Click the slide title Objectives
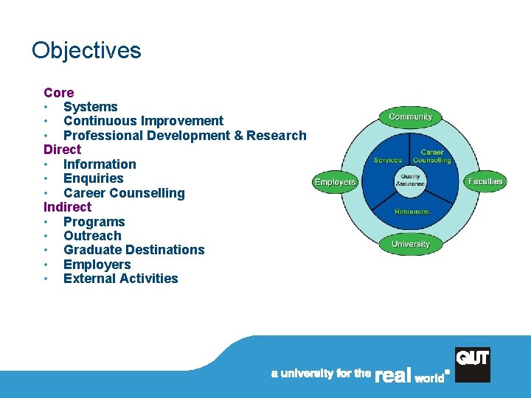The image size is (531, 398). click(x=86, y=51)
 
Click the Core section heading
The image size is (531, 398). click(x=59, y=93)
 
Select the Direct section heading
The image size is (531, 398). click(x=63, y=150)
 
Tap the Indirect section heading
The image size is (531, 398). click(x=68, y=207)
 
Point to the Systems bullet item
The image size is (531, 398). click(x=90, y=107)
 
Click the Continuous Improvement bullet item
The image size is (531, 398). click(x=143, y=121)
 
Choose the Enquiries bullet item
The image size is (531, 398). click(x=94, y=178)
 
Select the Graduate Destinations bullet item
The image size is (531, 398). click(x=133, y=250)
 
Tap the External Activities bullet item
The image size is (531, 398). click(x=121, y=279)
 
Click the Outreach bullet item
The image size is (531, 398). click(x=92, y=236)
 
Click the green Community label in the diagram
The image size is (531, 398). click(x=411, y=116)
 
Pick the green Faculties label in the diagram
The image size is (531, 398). click(x=485, y=181)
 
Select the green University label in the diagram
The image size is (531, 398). click(x=411, y=244)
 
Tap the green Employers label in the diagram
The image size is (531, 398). click(x=335, y=182)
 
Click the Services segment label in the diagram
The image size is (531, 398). click(x=388, y=160)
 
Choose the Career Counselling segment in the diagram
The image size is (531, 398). click(x=431, y=157)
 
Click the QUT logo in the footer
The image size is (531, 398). click(x=472, y=365)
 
